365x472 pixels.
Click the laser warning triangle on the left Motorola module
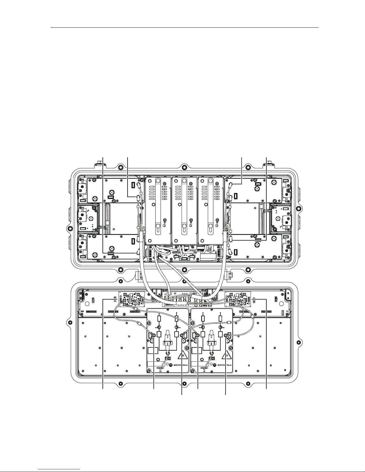click(x=182, y=356)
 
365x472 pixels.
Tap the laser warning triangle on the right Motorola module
click(x=226, y=356)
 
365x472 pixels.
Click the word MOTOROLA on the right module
click(x=224, y=365)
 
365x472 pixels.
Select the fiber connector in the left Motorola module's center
click(x=168, y=341)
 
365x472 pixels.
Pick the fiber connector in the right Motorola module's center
click(x=211, y=341)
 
